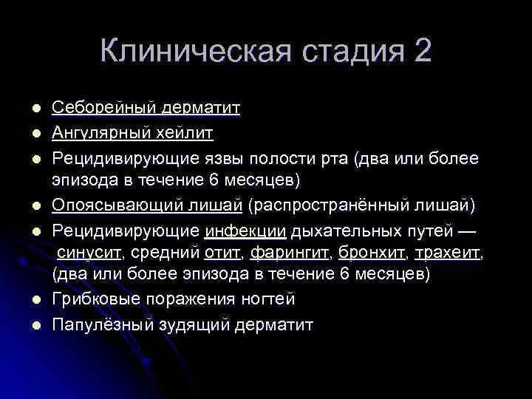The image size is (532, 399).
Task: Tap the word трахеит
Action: coord(448,253)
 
